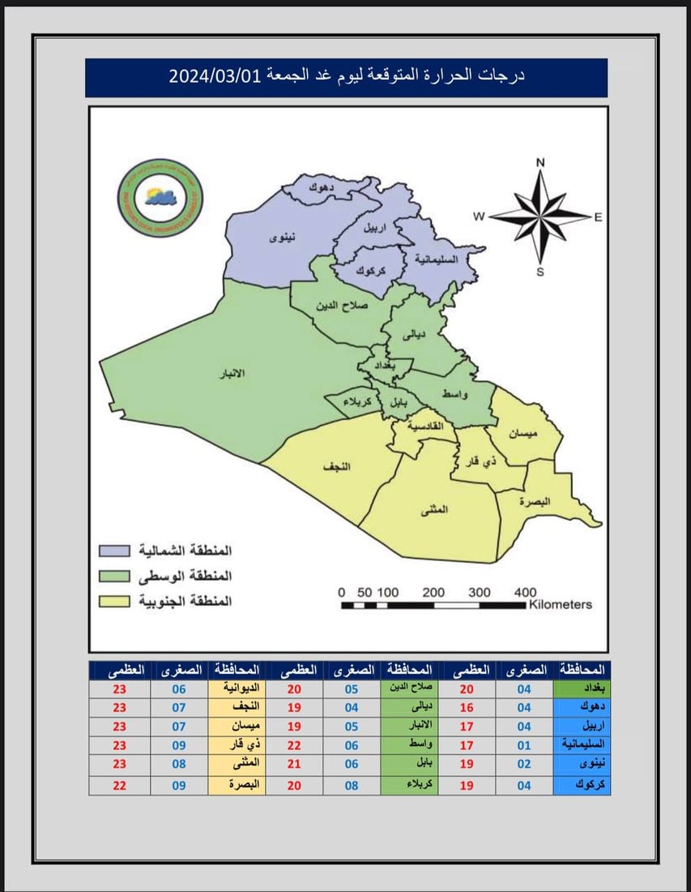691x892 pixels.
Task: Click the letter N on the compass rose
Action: [x=540, y=162]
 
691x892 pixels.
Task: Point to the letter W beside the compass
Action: [x=479, y=216]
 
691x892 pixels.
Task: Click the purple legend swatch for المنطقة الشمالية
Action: [x=117, y=551]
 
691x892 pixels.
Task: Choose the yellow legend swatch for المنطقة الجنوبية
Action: [x=117, y=602]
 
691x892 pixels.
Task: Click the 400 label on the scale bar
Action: [x=525, y=592]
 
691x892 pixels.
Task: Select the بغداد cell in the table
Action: [x=581, y=688]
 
